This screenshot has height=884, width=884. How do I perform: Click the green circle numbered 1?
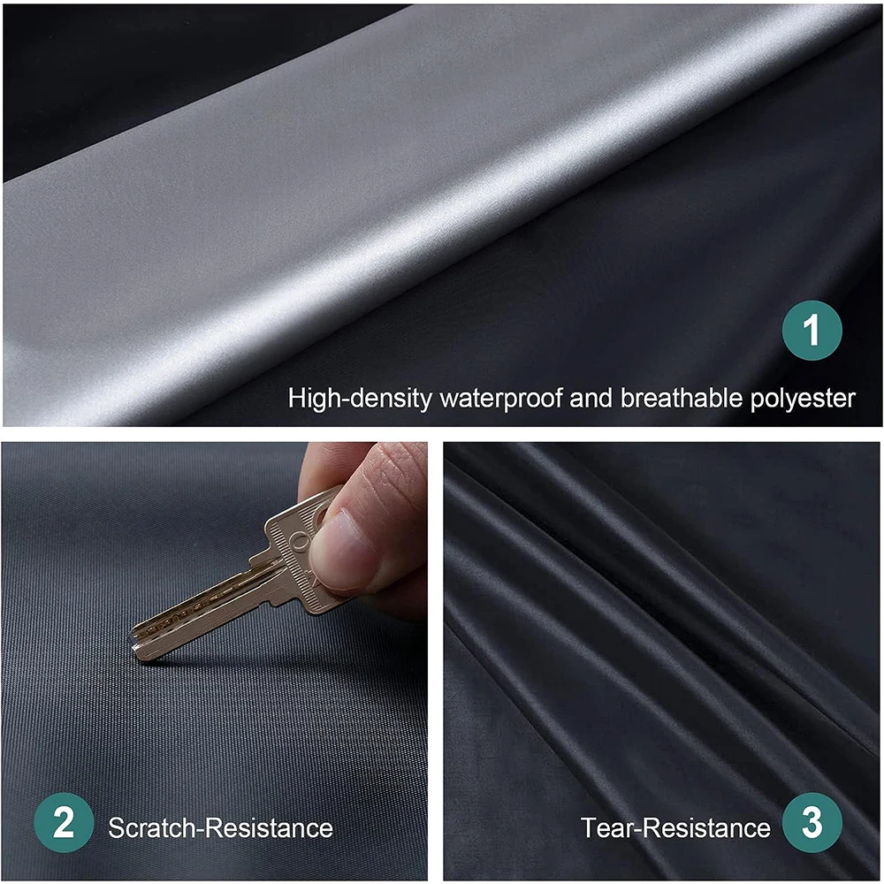tap(812, 331)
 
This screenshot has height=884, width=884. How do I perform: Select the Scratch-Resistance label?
tap(220, 828)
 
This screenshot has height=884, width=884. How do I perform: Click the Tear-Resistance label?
tap(675, 828)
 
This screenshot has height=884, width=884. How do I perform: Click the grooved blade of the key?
tap(199, 610)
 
